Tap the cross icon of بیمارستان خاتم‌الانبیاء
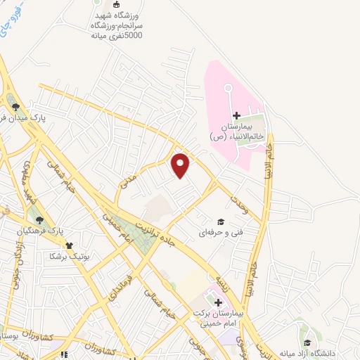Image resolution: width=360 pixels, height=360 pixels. (236, 115)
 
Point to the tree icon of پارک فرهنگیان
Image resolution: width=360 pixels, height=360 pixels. (39, 220)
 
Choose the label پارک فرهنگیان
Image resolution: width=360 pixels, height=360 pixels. (60, 231)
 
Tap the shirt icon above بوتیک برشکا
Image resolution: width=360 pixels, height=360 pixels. (69, 245)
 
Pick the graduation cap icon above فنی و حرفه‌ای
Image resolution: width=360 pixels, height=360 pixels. (229, 221)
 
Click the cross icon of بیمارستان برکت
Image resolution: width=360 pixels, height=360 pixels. (218, 302)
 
